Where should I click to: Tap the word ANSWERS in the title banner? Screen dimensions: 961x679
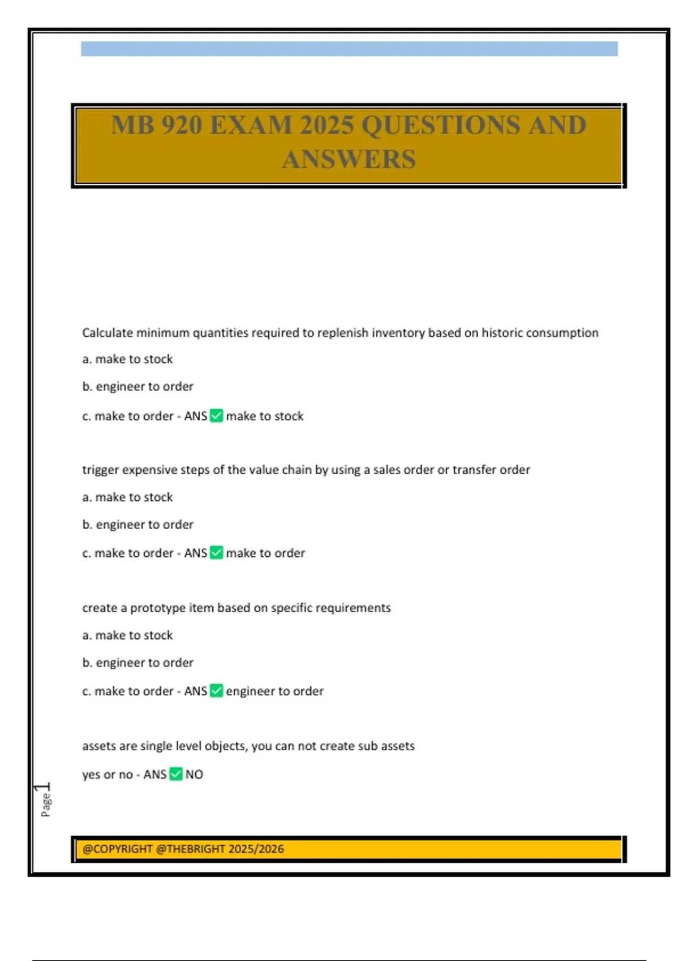coord(349,159)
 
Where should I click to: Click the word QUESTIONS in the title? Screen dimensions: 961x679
coord(440,125)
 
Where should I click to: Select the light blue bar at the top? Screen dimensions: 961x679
coord(349,49)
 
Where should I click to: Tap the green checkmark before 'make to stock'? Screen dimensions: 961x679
coord(216,416)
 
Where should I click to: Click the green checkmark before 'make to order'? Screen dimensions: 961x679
coord(216,553)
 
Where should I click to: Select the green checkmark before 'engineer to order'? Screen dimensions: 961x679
coord(216,691)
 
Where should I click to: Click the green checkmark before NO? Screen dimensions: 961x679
coord(176,774)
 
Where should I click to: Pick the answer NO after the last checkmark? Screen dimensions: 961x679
coord(194,774)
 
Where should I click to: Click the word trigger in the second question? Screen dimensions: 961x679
coord(101,470)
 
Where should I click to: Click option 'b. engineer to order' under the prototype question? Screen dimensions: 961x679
coord(137,663)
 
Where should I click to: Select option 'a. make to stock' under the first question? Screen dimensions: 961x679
coord(127,359)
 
